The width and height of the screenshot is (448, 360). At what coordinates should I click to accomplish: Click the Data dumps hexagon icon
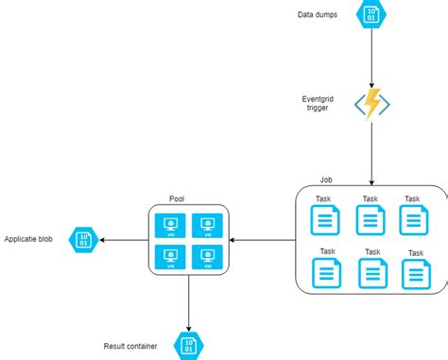[370, 15]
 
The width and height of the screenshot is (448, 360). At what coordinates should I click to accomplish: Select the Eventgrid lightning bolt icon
[370, 104]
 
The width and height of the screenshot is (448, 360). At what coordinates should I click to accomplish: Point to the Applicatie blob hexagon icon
[84, 240]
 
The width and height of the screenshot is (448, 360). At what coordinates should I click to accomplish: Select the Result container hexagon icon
[187, 344]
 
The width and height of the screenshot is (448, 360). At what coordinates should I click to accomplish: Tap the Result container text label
[133, 346]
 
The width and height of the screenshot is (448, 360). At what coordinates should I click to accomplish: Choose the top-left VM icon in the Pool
[172, 225]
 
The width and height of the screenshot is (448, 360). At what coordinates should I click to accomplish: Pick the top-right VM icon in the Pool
[205, 225]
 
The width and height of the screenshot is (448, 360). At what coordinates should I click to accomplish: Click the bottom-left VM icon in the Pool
[172, 257]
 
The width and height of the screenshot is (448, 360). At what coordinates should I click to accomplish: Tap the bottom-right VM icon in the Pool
[205, 257]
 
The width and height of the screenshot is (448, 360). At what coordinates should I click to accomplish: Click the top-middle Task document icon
[370, 220]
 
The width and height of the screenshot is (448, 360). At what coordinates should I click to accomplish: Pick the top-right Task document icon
[412, 220]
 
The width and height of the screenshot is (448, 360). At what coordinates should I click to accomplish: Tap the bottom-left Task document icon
[327, 273]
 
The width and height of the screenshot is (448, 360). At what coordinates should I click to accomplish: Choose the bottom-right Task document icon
[415, 273]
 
